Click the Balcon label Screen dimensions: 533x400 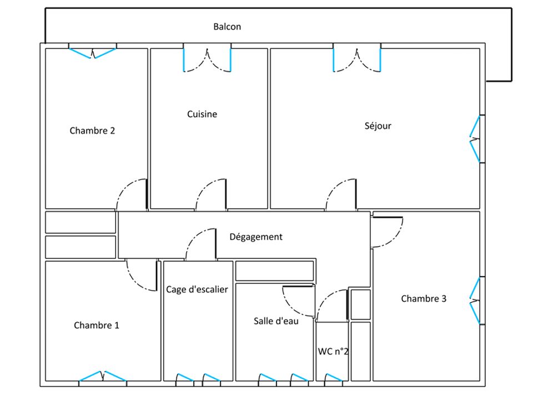227,27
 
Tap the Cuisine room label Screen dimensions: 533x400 202,114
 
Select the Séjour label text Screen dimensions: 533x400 378,126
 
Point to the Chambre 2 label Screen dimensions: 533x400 92,131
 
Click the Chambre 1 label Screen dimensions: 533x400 97,325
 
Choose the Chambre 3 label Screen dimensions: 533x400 424,299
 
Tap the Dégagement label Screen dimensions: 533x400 256,237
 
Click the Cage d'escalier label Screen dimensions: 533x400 197,289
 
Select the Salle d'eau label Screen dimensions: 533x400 276,321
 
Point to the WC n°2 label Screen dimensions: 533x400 333,351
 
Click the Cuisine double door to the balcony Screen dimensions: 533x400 207,60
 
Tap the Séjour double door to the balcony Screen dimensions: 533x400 357,60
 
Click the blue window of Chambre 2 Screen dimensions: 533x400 93,53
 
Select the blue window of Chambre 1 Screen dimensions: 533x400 103,376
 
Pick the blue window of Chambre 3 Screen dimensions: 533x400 475,301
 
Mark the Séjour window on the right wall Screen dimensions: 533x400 475,139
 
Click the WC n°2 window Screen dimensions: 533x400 334,378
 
